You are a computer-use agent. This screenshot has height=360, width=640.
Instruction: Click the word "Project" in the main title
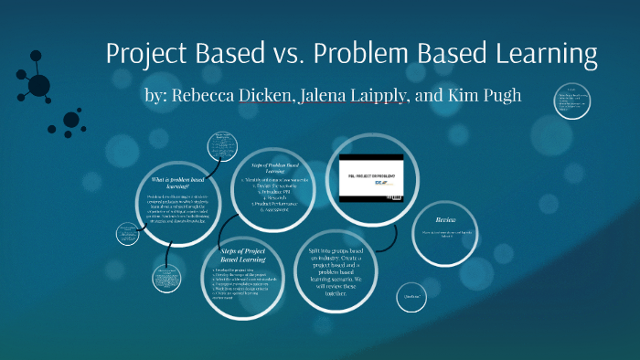(145, 54)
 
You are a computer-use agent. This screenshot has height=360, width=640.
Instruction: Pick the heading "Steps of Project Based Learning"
(241, 254)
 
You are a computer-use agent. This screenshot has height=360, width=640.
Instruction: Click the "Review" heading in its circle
(445, 220)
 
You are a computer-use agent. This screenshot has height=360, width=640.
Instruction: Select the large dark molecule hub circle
(38, 86)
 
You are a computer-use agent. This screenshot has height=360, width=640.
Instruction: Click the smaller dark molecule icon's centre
(71, 119)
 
